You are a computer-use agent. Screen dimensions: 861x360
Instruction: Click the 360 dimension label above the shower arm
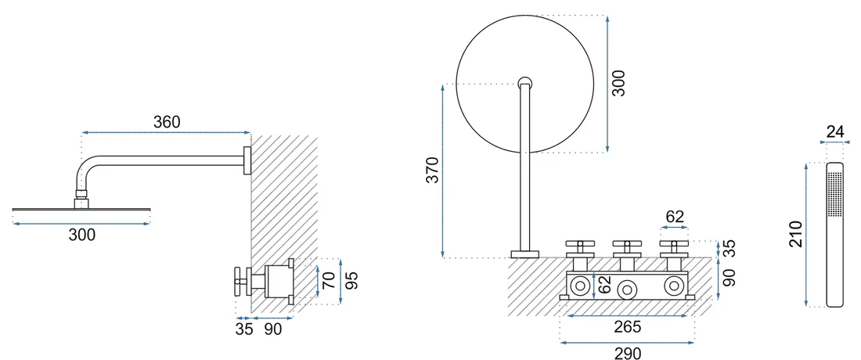pyautogui.click(x=167, y=122)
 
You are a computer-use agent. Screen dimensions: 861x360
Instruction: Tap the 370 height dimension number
pyautogui.click(x=434, y=170)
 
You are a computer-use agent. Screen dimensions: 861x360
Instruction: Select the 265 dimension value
pyautogui.click(x=628, y=327)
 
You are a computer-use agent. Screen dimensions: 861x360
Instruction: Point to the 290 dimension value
pyautogui.click(x=628, y=354)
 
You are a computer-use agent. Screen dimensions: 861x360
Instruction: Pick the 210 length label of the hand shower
pyautogui.click(x=796, y=234)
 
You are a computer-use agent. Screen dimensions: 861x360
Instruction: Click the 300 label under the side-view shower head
pyautogui.click(x=82, y=235)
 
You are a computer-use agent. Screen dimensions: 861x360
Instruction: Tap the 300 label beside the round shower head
pyautogui.click(x=619, y=84)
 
